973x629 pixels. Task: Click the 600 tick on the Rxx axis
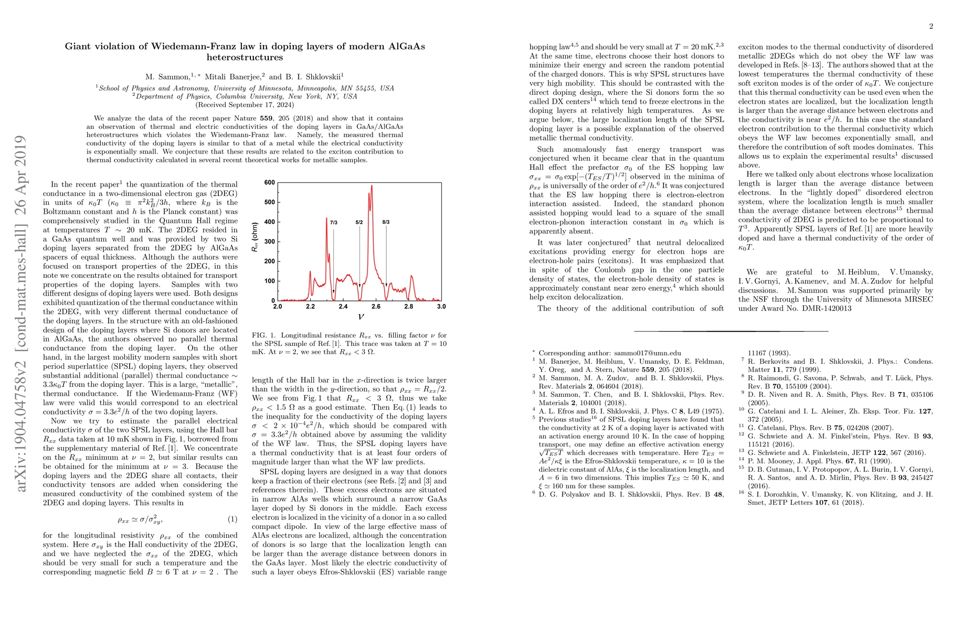pos(269,182)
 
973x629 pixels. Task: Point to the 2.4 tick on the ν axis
pos(343,307)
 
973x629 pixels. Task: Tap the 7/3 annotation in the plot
pos(334,222)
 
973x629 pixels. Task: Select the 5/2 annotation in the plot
pos(359,222)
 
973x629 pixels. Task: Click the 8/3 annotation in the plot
pos(386,222)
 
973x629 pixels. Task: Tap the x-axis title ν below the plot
pos(361,317)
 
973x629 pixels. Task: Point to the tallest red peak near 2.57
pos(372,187)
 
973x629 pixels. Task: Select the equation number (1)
pos(232,519)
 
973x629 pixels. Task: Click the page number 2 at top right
pos(931,27)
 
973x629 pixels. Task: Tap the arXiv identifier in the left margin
pos(21,314)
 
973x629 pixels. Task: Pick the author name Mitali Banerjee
pos(228,77)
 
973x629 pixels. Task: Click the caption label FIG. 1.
pos(264,335)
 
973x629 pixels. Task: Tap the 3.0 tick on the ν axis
pos(441,307)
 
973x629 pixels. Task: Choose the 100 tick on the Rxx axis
pos(269,281)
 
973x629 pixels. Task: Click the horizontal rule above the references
pos(731,331)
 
